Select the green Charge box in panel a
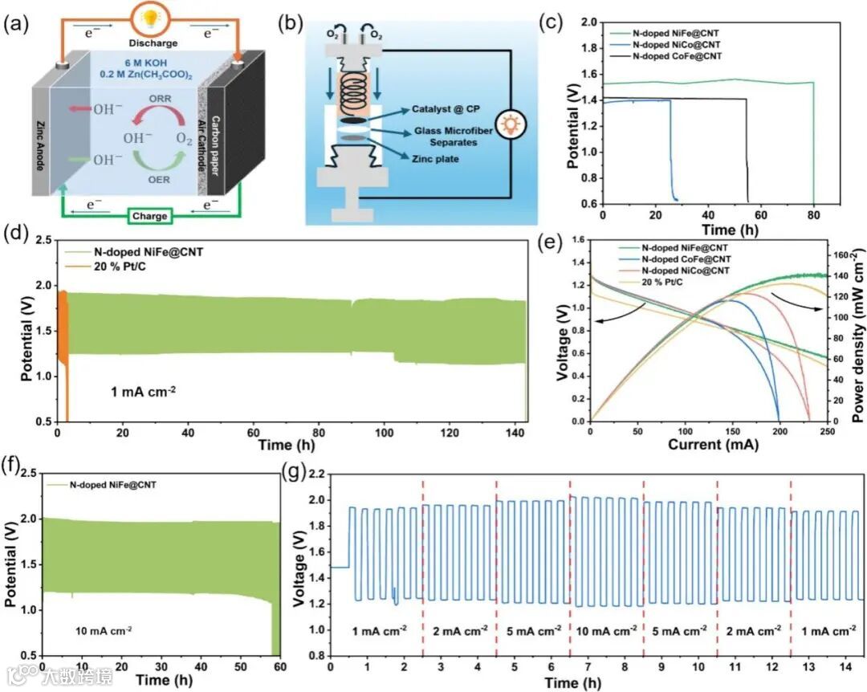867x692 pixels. (150, 216)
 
